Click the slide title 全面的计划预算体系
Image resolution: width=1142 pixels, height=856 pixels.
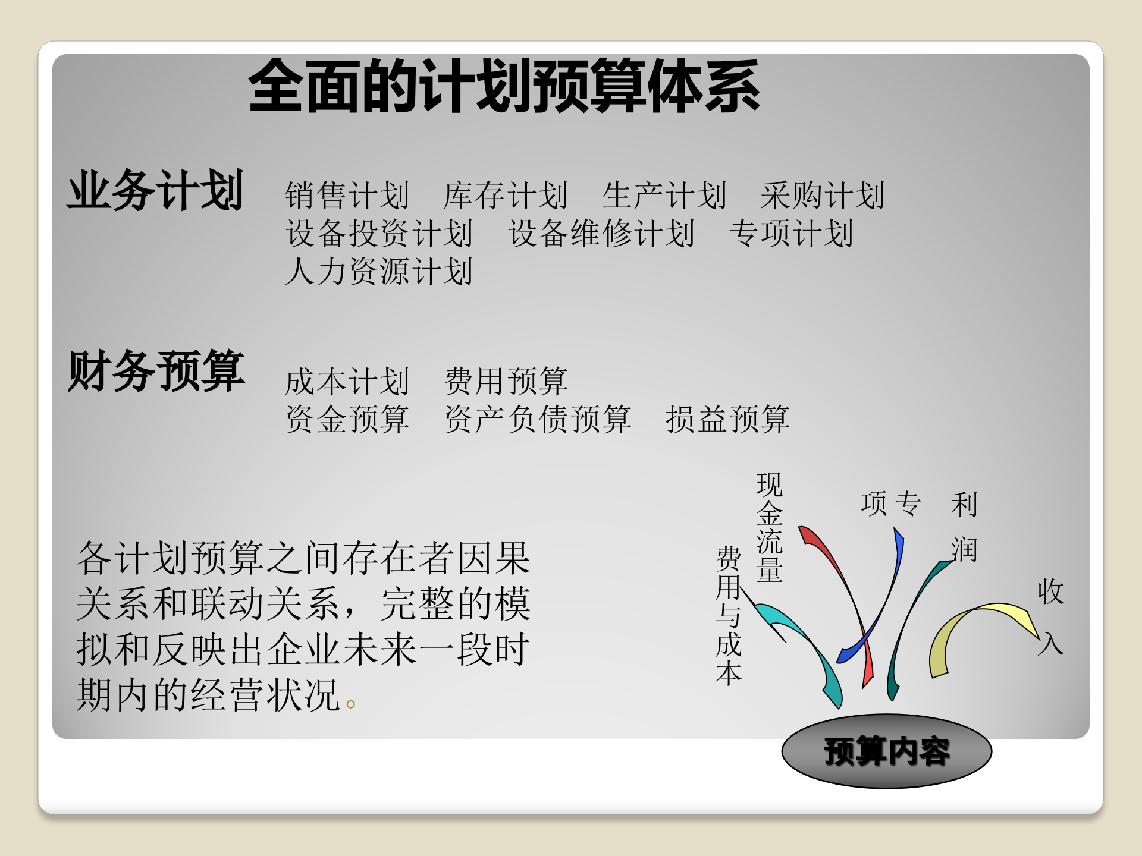504,87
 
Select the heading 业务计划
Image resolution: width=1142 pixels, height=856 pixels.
156,190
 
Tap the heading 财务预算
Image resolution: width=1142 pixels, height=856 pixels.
156,371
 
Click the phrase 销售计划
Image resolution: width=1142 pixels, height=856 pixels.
347,195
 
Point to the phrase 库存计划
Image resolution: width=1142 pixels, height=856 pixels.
506,195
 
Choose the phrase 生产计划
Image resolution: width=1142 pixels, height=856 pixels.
664,195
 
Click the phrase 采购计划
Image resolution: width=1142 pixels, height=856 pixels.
823,195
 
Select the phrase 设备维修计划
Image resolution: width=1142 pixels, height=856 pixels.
601,233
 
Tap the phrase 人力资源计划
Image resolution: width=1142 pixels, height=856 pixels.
379,271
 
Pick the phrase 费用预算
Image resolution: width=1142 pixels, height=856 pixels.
506,381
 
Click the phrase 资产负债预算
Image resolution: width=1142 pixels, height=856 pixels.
538,419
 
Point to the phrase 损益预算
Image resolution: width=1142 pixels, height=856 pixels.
727,419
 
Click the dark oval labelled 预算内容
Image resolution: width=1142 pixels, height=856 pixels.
886,751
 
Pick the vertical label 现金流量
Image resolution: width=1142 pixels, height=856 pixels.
770,527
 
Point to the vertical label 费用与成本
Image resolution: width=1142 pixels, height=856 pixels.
729,616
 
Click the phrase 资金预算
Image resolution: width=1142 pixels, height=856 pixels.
347,419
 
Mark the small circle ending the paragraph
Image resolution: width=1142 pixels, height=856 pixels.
351,704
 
